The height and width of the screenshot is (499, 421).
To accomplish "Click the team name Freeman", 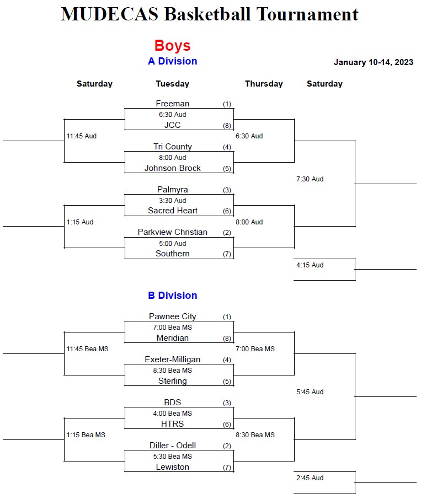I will point(172,104).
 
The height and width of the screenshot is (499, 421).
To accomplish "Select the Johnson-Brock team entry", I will point(172,168).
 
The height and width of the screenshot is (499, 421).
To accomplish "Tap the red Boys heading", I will point(172,45).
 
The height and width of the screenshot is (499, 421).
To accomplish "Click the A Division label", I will point(172,61).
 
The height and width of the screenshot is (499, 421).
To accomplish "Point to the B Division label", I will point(172,296).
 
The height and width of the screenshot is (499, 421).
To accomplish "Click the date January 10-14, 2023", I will point(373,62).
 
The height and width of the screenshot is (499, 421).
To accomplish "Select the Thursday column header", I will point(264,84).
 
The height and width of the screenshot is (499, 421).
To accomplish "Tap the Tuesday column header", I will point(172,84).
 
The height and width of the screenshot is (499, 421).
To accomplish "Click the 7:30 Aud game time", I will point(310,179).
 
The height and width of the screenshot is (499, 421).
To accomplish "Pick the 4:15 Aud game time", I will point(310,265).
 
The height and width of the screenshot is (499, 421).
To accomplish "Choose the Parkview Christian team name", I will point(172,232).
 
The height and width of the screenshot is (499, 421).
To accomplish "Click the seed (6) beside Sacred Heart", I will point(227,211).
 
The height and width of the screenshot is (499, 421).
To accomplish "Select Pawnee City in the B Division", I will point(172,316).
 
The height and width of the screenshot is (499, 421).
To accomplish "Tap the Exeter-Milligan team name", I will point(172,360).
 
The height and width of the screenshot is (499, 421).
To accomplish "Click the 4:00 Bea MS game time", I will point(172,414).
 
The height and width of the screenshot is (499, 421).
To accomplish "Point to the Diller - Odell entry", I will point(172,446).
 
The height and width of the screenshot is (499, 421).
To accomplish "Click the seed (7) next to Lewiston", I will point(227,468).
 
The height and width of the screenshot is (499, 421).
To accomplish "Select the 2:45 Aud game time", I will point(310,478).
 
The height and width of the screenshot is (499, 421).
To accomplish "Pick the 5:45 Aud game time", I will point(310,392).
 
